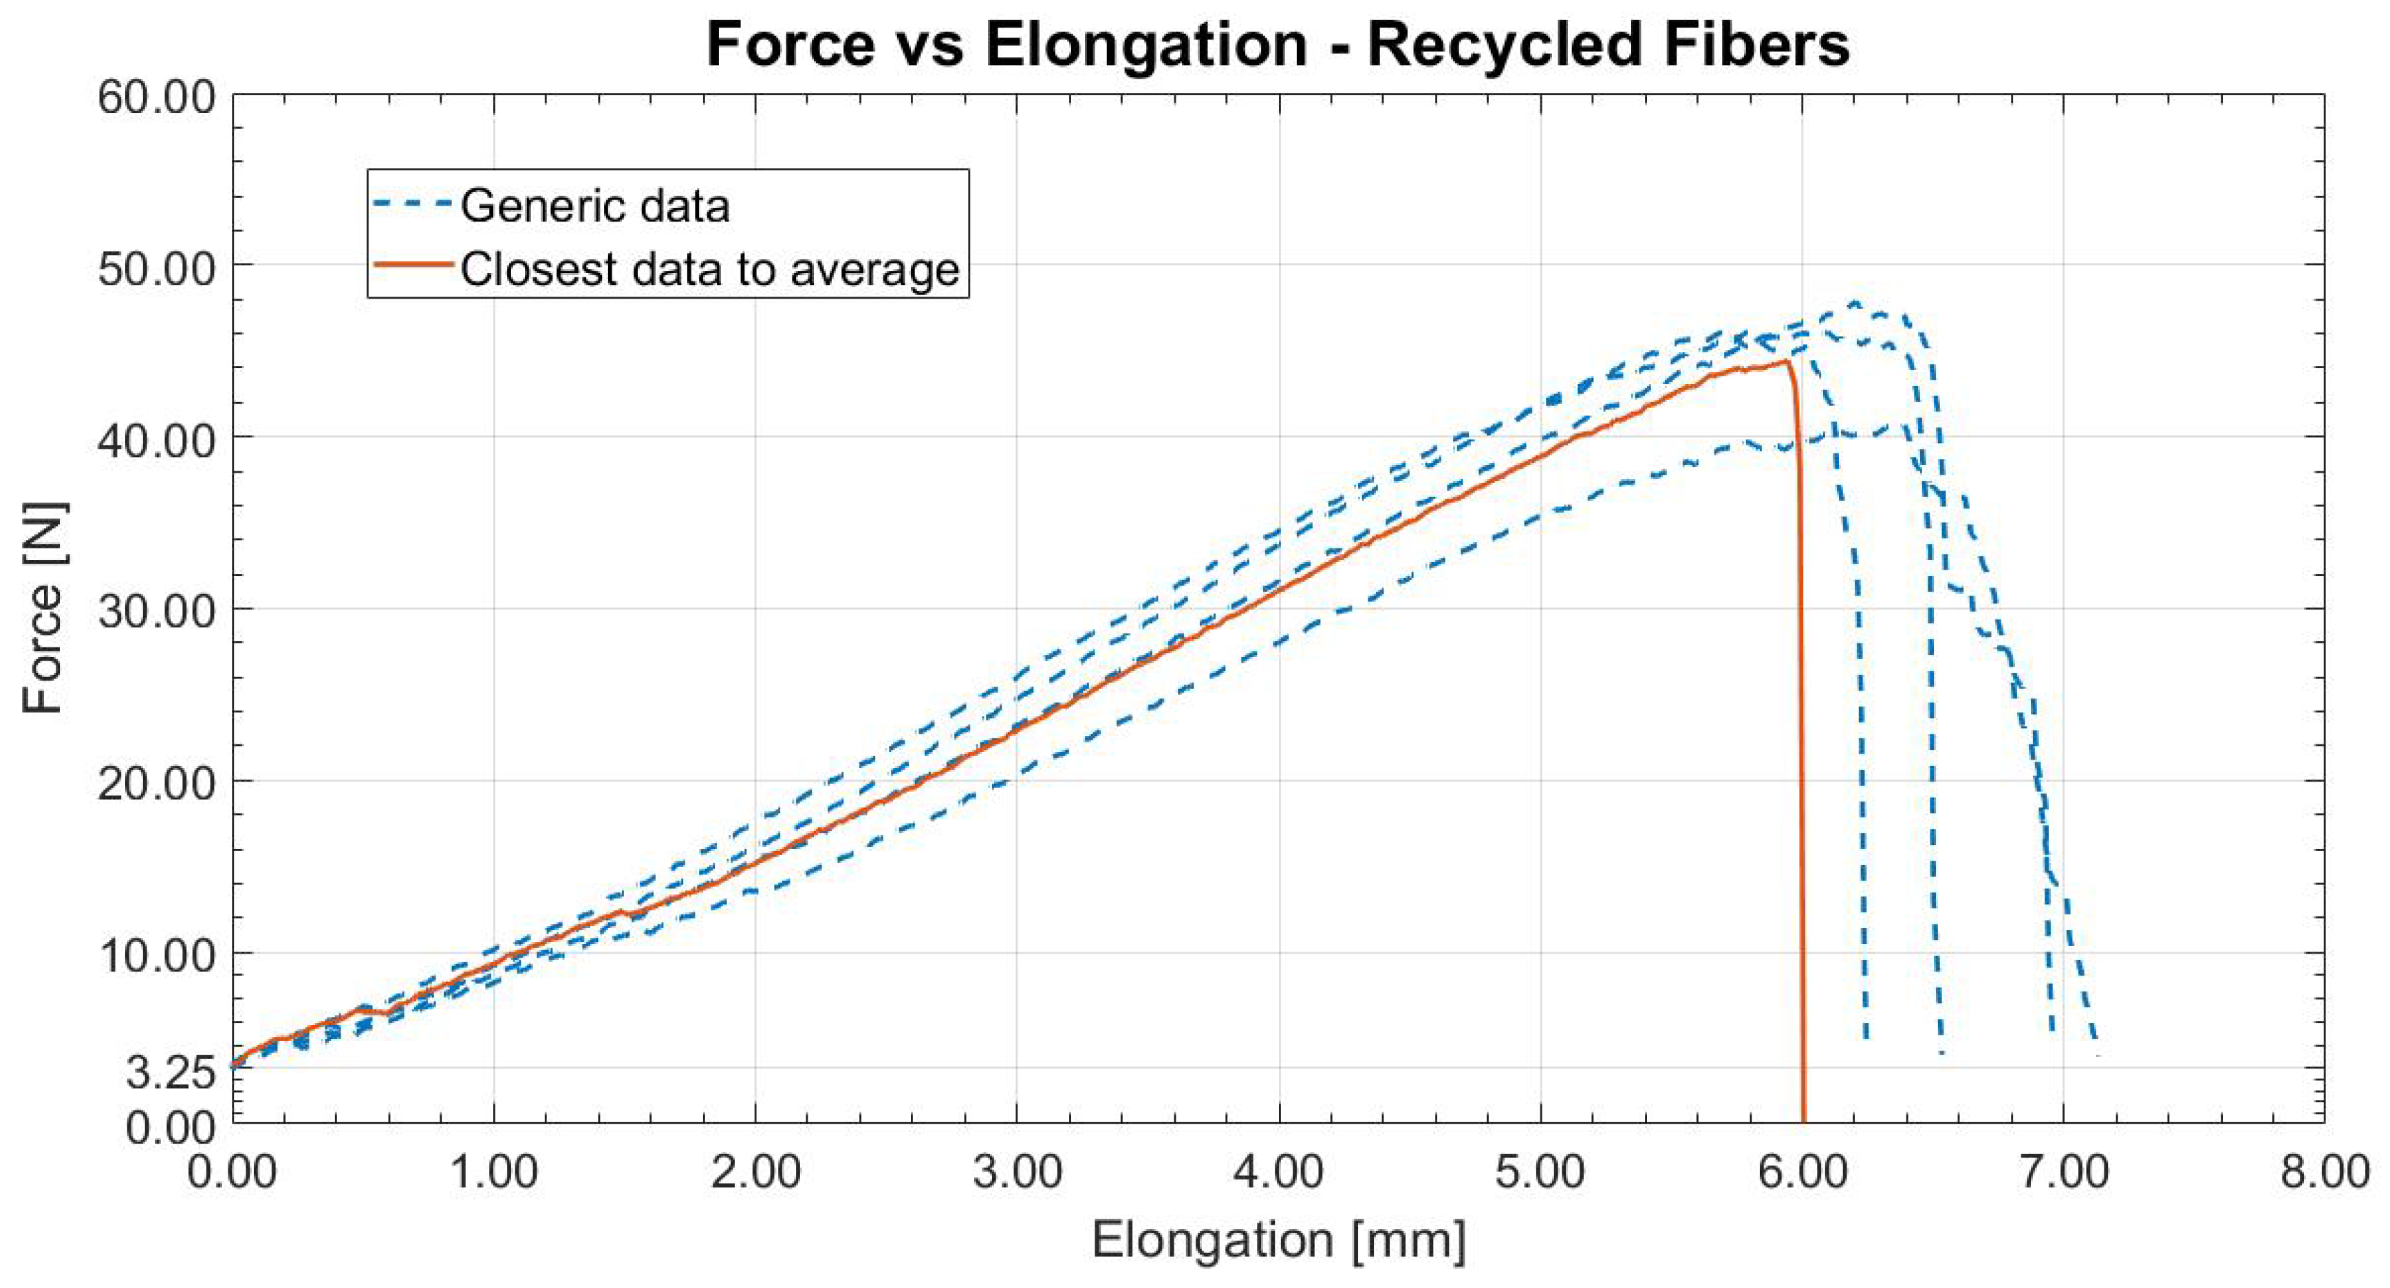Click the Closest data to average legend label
[710, 269]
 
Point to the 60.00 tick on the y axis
[157, 96]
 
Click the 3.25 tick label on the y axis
[171, 1073]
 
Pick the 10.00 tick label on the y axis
[157, 954]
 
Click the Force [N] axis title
[43, 609]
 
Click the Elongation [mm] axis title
[1278, 1240]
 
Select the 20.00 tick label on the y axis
[157, 782]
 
